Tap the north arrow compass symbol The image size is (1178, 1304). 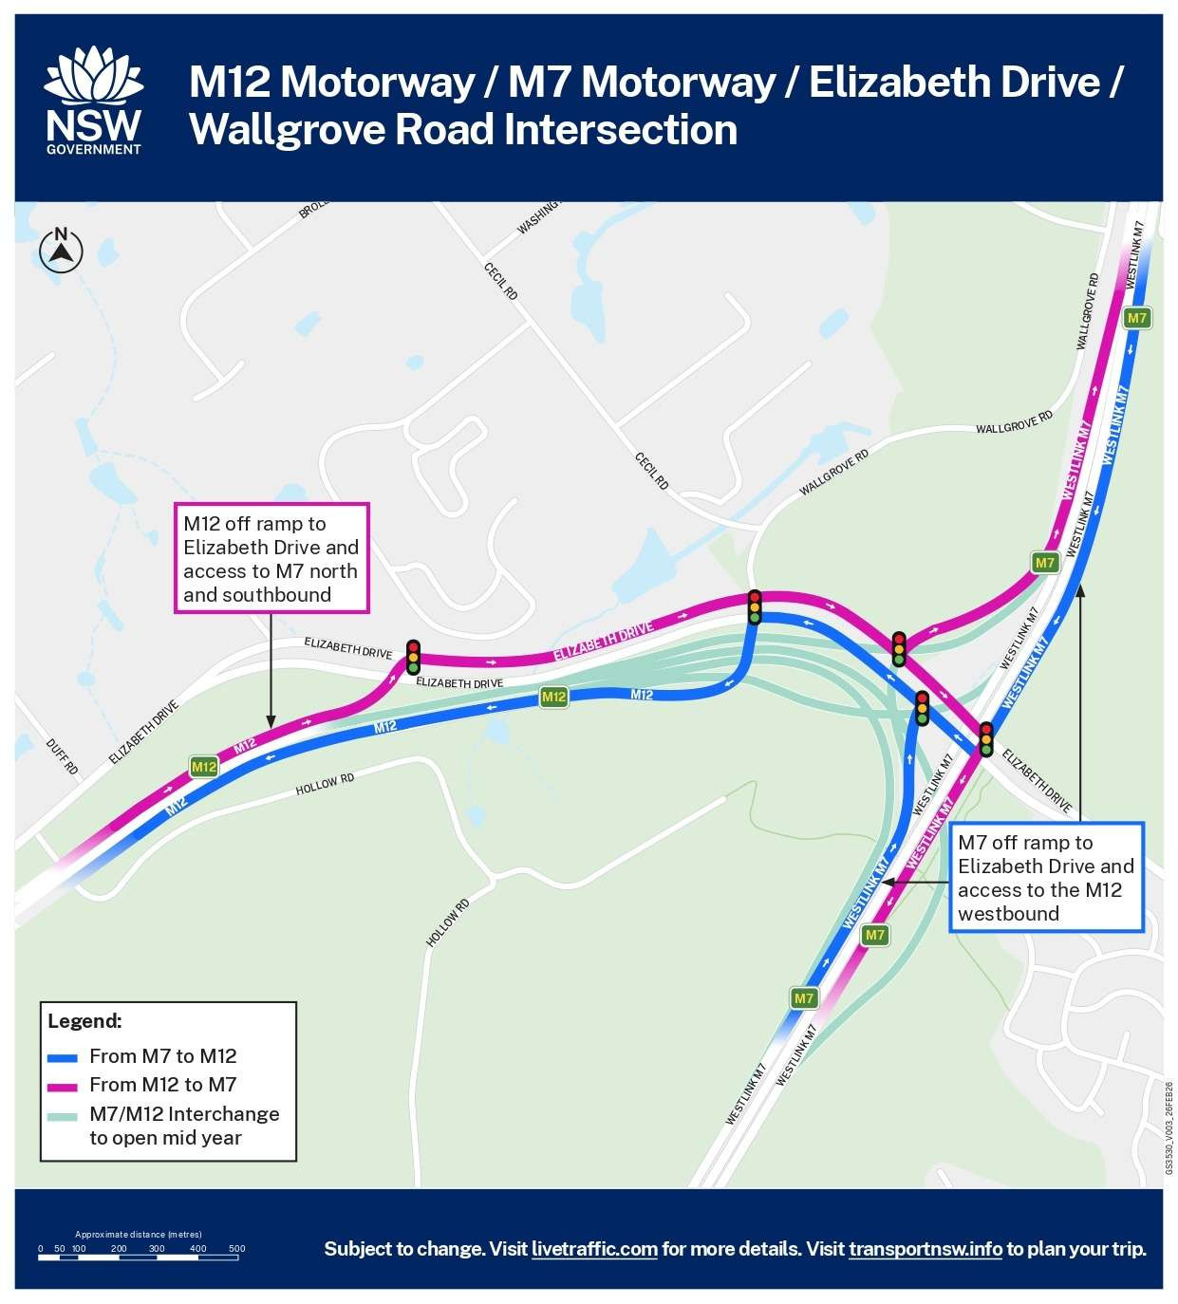point(62,251)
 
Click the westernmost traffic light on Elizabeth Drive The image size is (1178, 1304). point(413,657)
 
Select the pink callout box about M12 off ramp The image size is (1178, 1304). point(271,558)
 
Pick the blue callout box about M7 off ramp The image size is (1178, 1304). point(1046,877)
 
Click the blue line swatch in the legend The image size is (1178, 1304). point(63,1056)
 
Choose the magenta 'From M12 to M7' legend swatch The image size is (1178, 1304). point(63,1085)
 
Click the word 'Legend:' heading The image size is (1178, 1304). point(84,1021)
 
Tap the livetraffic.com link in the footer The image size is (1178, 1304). point(594,1249)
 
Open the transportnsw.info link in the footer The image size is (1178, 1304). point(925,1249)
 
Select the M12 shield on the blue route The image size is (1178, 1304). point(553,698)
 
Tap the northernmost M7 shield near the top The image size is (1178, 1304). point(1136,318)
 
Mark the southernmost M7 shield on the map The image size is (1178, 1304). point(804,997)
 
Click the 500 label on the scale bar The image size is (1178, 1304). point(237,1249)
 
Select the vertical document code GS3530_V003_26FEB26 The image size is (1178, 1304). point(1169,1128)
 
